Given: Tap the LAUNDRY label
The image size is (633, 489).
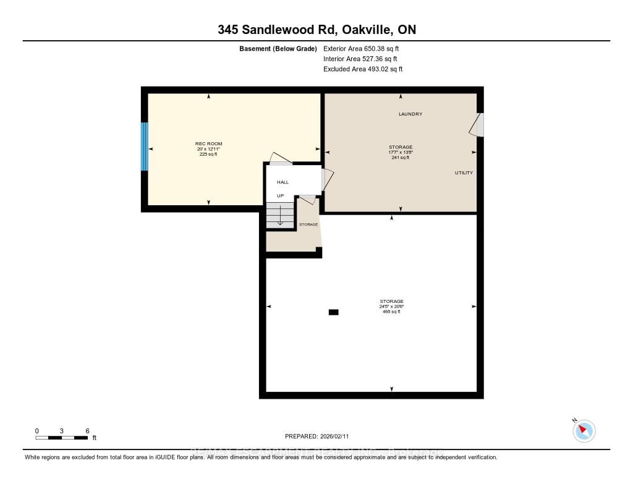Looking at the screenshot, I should pyautogui.click(x=410, y=114).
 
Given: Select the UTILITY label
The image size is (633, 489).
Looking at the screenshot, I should pyautogui.click(x=464, y=172).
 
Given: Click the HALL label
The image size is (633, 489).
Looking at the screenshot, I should pyautogui.click(x=283, y=182).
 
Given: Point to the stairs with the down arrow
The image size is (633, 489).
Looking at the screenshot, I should pyautogui.click(x=280, y=216).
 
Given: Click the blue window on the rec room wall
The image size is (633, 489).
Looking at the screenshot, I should pyautogui.click(x=145, y=147).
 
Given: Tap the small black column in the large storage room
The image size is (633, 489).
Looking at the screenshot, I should pyautogui.click(x=334, y=312).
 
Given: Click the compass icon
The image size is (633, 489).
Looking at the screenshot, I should pyautogui.click(x=584, y=430).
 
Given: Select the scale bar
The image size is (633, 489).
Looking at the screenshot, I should pyautogui.click(x=62, y=438).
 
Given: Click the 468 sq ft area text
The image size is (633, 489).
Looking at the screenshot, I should pyautogui.click(x=391, y=312).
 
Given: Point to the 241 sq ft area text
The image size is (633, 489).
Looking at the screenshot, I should pyautogui.click(x=401, y=158).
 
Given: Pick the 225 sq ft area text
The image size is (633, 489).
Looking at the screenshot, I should pyautogui.click(x=208, y=154).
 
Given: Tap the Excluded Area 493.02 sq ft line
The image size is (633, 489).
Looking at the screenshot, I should pyautogui.click(x=363, y=69).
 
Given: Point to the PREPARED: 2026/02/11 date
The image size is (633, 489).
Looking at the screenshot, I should pyautogui.click(x=316, y=436).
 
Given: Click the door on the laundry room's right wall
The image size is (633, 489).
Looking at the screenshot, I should pyautogui.click(x=477, y=125).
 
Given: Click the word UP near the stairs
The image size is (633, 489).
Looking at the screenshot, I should pyautogui.click(x=280, y=195).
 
